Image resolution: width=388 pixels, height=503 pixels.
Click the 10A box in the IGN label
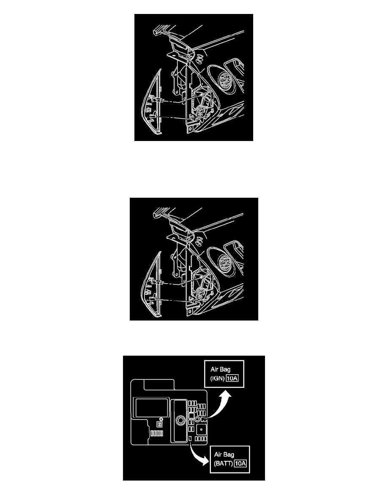(x=232, y=378)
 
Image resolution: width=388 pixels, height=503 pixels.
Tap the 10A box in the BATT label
(x=240, y=464)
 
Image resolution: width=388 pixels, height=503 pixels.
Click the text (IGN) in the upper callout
(x=217, y=378)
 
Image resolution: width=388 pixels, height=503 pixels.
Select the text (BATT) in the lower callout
(x=224, y=464)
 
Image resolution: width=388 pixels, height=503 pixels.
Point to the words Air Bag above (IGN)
(x=220, y=370)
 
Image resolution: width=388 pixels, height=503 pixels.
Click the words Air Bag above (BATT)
(x=224, y=455)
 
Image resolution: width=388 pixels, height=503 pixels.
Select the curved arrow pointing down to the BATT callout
(x=197, y=454)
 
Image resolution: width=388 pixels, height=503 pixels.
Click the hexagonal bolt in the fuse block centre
(x=180, y=420)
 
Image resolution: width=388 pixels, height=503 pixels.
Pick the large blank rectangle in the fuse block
(x=152, y=407)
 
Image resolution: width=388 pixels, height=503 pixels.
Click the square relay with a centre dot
(x=201, y=429)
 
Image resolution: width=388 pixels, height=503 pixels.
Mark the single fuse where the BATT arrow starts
(x=190, y=439)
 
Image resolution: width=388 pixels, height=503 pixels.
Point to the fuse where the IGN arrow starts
(x=204, y=419)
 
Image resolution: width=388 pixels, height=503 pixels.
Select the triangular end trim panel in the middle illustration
(x=152, y=284)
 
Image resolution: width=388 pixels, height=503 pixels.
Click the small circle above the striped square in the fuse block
(x=160, y=419)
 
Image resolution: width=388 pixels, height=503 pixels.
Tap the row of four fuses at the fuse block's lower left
(x=157, y=434)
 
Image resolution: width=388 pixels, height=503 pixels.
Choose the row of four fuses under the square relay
(x=201, y=439)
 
